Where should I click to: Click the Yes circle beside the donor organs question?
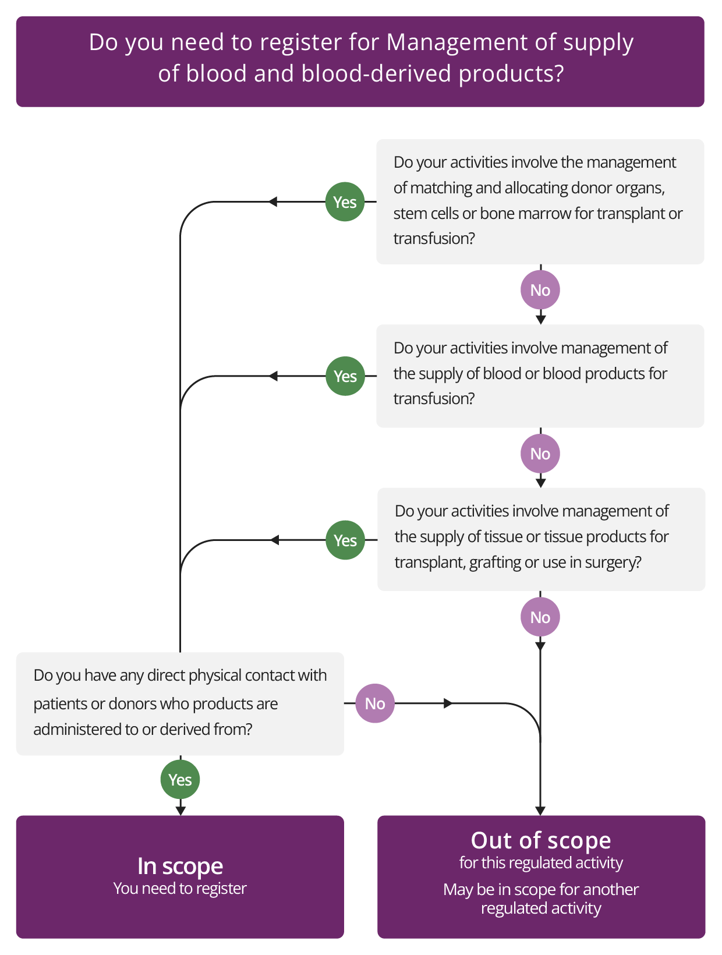coord(345,202)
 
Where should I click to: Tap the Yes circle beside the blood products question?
coord(345,376)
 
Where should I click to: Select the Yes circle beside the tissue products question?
coord(345,540)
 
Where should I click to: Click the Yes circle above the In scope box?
coord(180,780)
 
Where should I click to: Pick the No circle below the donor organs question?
coord(540,290)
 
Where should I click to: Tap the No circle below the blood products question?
coord(540,454)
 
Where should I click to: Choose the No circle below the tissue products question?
coord(540,617)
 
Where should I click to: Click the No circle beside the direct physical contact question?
coord(375,703)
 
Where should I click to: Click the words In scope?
coord(180,866)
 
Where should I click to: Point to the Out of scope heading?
coord(541,840)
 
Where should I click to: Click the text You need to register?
coord(180,889)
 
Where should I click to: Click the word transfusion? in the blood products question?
coord(434,399)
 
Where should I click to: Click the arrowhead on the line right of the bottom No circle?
coord(448,703)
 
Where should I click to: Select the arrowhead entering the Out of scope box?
coord(540,811)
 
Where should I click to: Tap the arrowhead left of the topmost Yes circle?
coord(272,202)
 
